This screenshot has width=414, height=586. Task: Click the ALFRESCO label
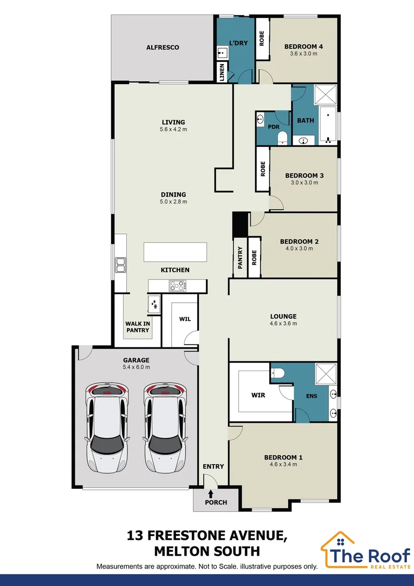163,48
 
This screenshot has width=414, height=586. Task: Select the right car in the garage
164,427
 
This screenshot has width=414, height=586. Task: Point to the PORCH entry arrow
210,494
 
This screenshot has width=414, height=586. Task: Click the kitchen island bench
175,252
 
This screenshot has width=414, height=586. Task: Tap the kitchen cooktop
177,285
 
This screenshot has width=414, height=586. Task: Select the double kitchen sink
120,265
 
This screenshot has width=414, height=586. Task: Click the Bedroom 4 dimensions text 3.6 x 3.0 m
303,54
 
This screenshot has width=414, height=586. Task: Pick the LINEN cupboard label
222,73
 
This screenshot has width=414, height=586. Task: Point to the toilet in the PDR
282,140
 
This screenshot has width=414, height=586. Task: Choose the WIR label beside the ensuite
258,395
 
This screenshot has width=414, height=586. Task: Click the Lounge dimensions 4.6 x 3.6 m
283,323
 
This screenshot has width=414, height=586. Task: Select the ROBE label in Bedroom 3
262,169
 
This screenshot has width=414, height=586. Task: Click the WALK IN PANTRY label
138,326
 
